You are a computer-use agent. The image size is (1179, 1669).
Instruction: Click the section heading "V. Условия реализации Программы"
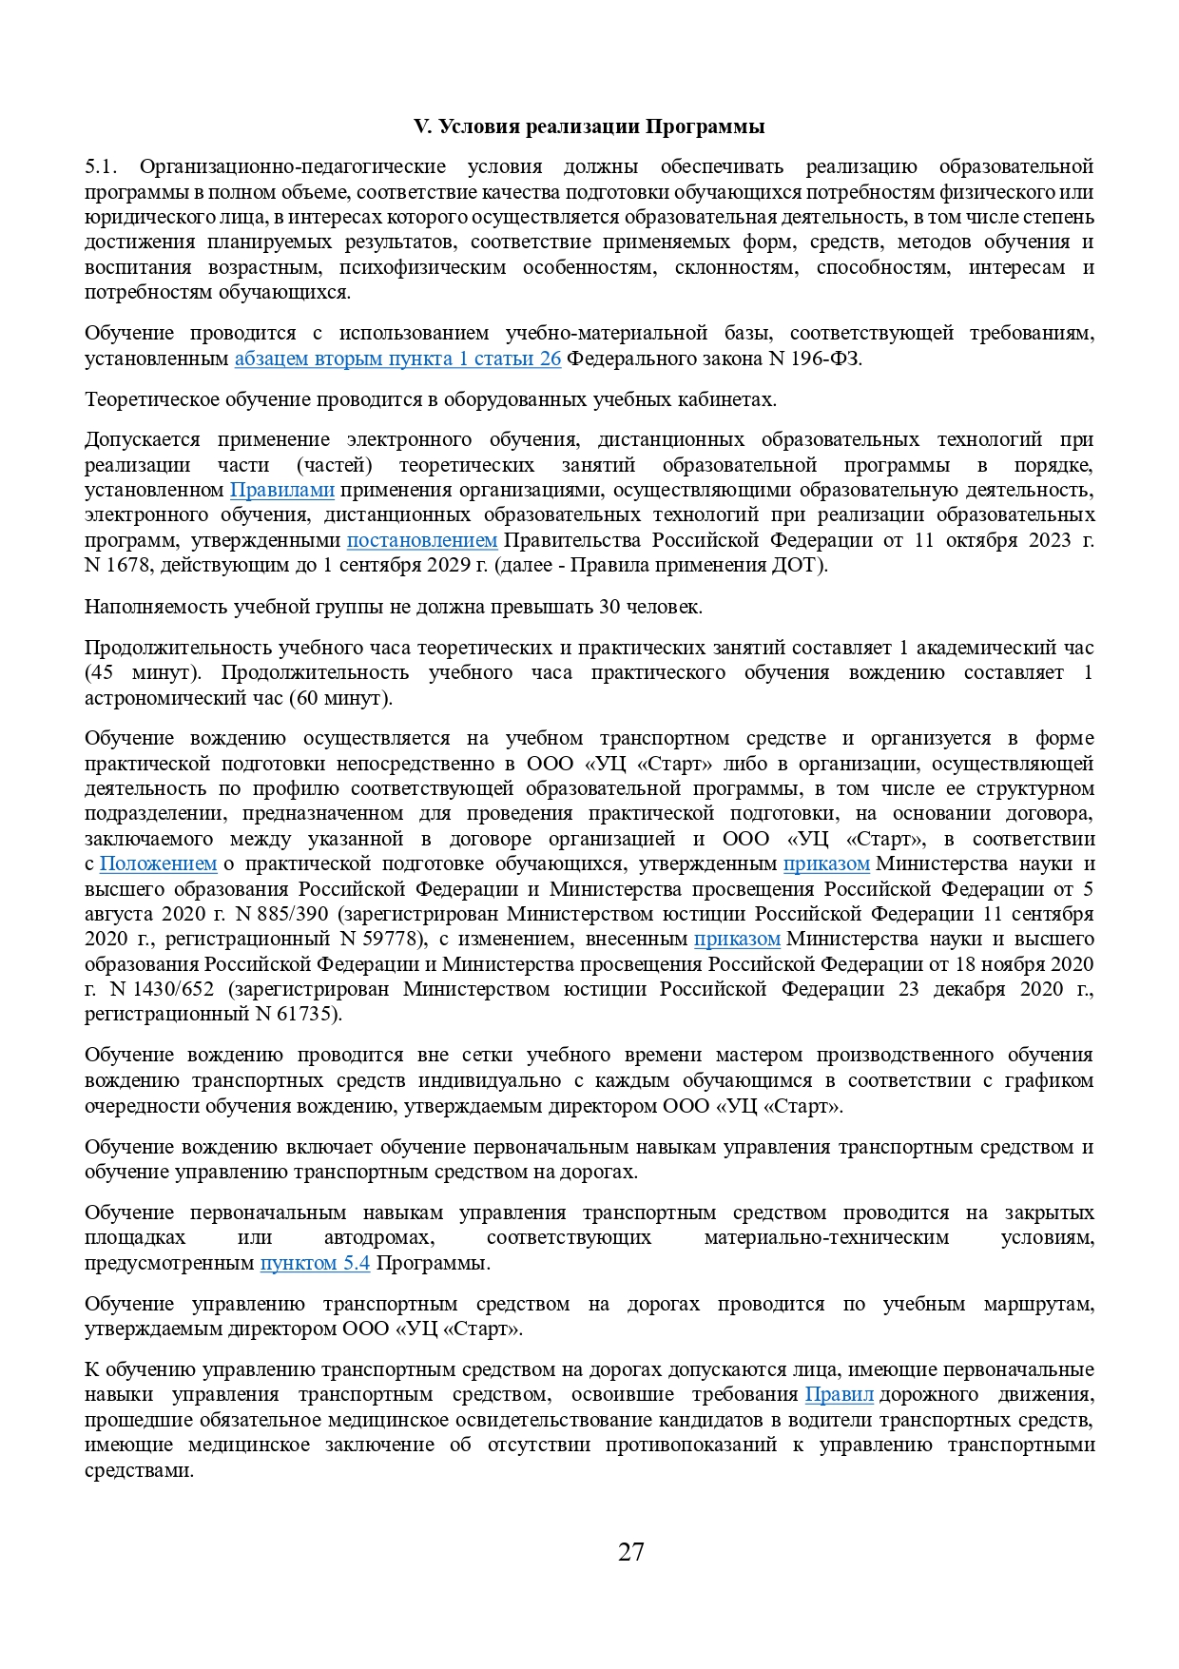coord(589,126)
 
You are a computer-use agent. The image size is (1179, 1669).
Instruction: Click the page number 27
coord(631,1552)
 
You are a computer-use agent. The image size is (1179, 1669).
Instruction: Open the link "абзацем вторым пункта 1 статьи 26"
coord(397,359)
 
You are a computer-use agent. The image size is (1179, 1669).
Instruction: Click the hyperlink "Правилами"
coord(281,490)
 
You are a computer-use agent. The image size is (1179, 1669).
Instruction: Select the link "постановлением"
coord(421,540)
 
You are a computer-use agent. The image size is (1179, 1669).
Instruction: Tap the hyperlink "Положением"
coord(158,864)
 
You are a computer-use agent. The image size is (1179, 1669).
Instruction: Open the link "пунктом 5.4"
coord(315,1263)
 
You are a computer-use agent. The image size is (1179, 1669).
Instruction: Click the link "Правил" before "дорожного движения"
coord(839,1394)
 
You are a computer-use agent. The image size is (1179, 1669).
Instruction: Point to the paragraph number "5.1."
coord(101,167)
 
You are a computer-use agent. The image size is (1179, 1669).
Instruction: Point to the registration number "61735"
coord(307,1014)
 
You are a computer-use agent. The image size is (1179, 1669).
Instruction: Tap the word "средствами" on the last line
coord(139,1470)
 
